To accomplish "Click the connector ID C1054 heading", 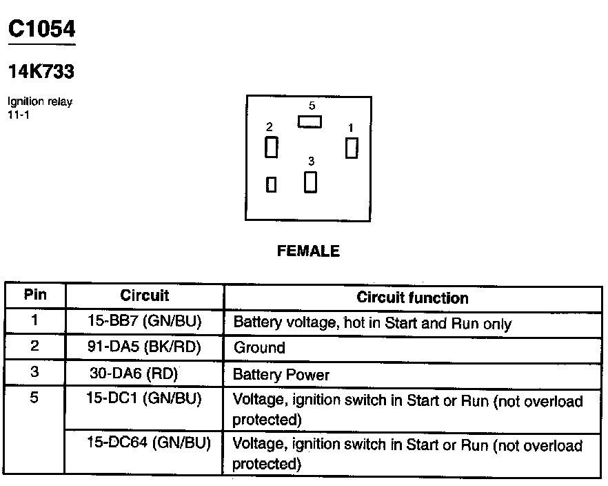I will click(x=41, y=29).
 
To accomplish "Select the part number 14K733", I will click(x=41, y=71).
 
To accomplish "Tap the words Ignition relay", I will click(x=39, y=102).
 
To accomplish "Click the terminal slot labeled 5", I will click(x=310, y=121).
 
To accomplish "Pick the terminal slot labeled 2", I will click(x=272, y=146).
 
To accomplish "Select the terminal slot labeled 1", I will click(x=352, y=148).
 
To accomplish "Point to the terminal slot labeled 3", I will click(x=311, y=182).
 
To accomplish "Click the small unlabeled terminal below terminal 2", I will click(x=272, y=184).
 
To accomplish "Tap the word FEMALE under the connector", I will click(x=308, y=251).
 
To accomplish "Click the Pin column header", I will click(x=35, y=295).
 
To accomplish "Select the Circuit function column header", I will click(x=412, y=298).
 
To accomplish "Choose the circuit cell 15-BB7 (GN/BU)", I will click(x=144, y=322).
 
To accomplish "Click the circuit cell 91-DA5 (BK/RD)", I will click(x=144, y=347).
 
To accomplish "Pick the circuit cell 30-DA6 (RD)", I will click(x=134, y=373).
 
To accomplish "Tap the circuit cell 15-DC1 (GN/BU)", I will click(x=144, y=400).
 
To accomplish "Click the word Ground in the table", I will click(x=259, y=348).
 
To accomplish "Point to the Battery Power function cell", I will click(x=281, y=375).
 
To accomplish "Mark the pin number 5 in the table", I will click(x=35, y=400).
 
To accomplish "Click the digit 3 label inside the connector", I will click(x=311, y=161).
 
